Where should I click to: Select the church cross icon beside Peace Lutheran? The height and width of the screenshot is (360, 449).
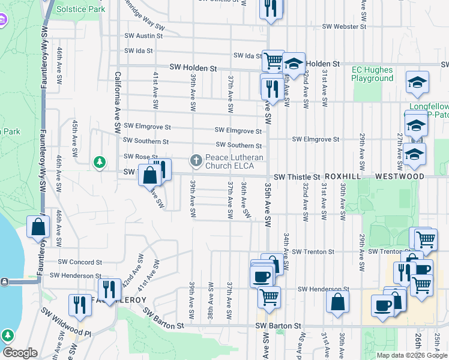(196, 160)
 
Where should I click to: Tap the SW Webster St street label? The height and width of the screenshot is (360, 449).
(345, 26)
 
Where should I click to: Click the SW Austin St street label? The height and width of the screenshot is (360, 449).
(143, 36)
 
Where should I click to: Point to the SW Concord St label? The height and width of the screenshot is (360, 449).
(80, 262)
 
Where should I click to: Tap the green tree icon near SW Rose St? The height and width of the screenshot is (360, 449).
(100, 162)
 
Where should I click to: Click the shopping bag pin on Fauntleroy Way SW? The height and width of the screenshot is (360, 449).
(38, 227)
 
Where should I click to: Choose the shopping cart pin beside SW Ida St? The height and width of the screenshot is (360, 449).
(273, 61)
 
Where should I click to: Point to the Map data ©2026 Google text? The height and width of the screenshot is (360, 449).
(411, 355)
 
